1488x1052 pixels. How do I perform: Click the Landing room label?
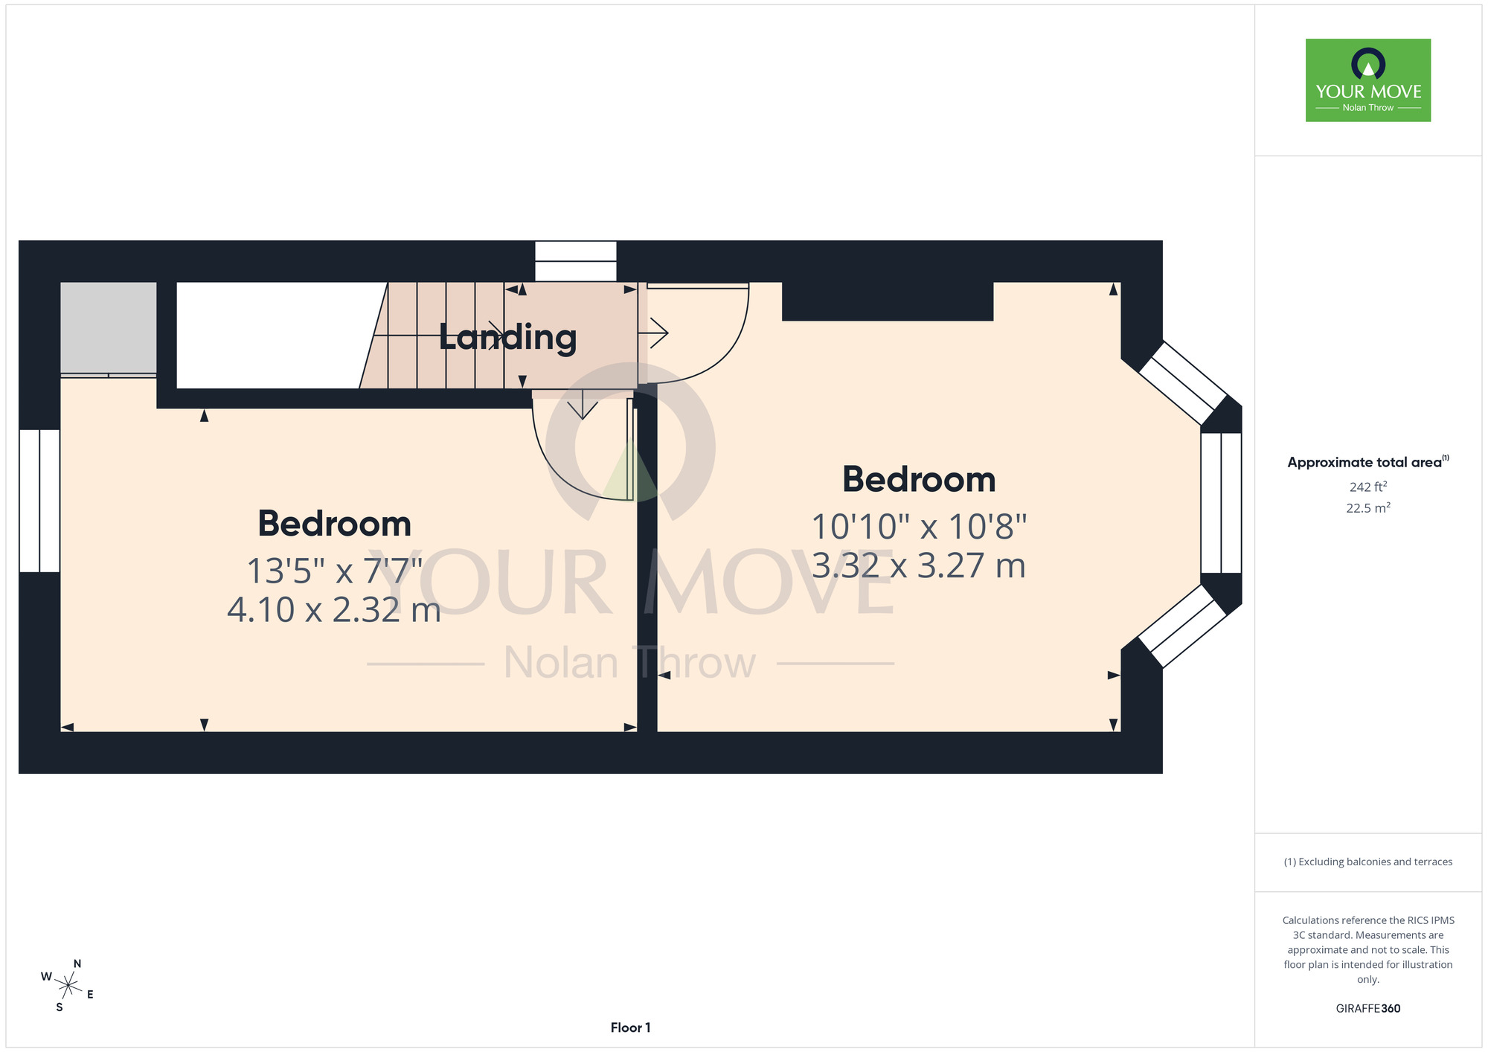click(x=507, y=338)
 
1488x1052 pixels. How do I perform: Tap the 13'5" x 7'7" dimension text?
click(x=335, y=571)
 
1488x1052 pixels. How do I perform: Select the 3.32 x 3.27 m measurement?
click(x=919, y=565)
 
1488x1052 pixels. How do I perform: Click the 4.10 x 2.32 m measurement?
click(x=334, y=610)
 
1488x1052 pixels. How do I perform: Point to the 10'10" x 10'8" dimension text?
click(x=919, y=527)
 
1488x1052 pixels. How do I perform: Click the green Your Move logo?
click(x=1368, y=80)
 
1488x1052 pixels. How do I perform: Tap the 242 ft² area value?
click(x=1368, y=487)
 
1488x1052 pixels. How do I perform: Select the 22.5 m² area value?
click(x=1368, y=508)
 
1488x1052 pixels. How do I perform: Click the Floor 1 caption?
click(x=630, y=1027)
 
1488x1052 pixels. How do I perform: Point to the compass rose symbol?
click(x=68, y=987)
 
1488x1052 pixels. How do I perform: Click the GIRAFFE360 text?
click(x=1368, y=1009)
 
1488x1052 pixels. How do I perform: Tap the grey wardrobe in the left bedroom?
click(x=109, y=327)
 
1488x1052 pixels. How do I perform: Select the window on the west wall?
click(x=39, y=501)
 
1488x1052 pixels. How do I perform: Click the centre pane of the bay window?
click(x=1221, y=503)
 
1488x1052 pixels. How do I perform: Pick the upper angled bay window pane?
click(x=1183, y=382)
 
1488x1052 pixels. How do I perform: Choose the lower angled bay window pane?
click(x=1182, y=626)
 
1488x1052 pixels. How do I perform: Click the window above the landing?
click(x=576, y=261)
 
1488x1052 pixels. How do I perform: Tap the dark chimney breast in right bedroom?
click(x=888, y=301)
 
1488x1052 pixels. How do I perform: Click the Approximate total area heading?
click(x=1368, y=462)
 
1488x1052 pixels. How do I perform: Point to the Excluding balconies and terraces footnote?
click(x=1368, y=862)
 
